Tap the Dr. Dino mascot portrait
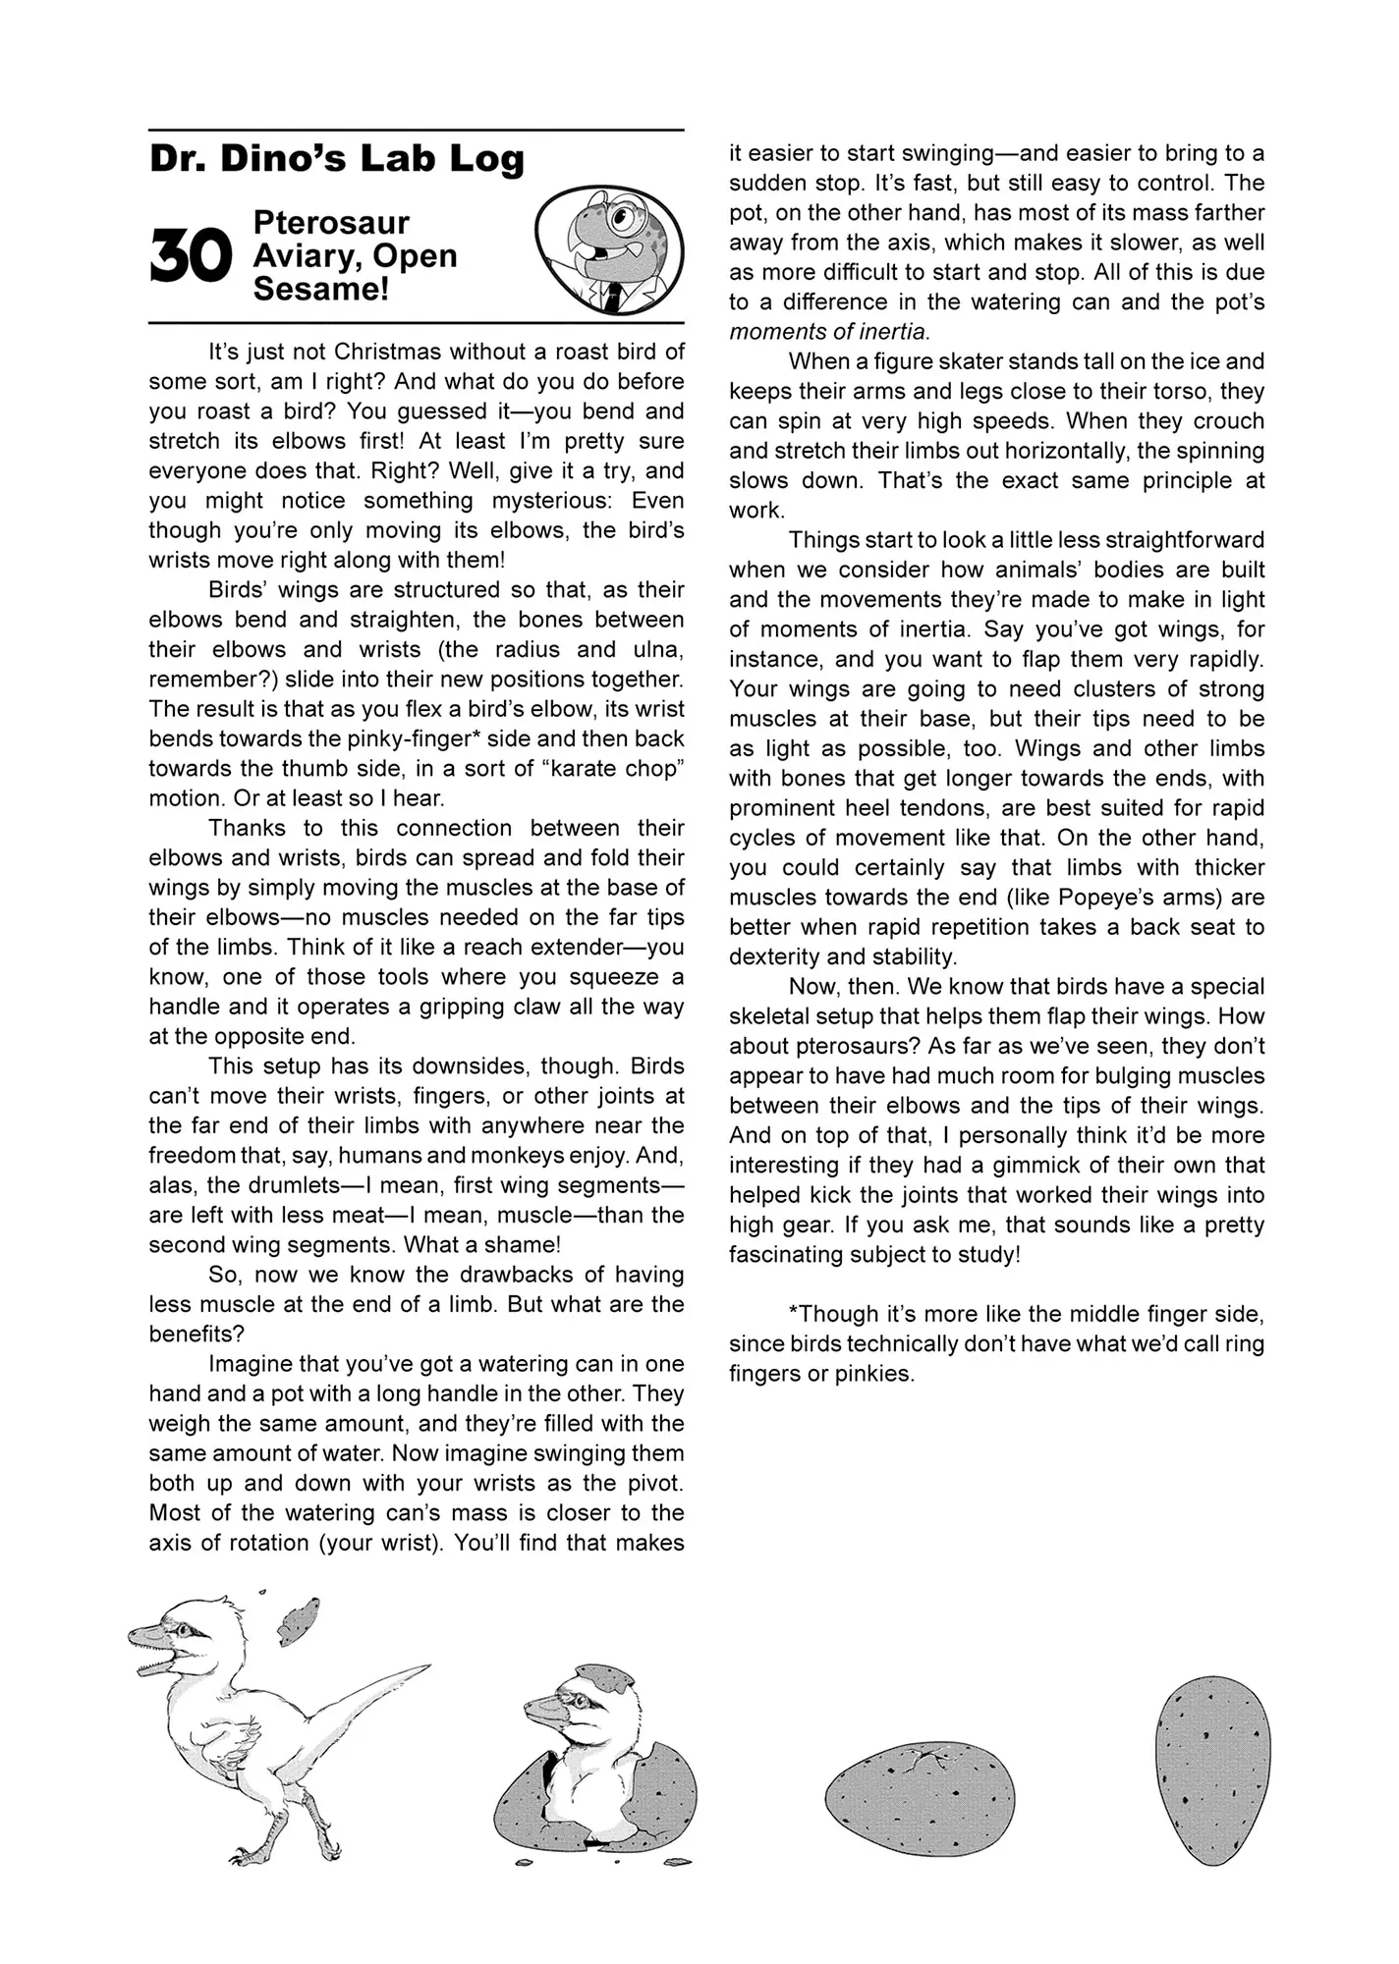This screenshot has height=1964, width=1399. [608, 248]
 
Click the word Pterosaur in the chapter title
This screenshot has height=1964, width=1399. [331, 223]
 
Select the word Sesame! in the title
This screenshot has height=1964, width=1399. [321, 290]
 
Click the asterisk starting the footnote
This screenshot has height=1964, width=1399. [793, 1313]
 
